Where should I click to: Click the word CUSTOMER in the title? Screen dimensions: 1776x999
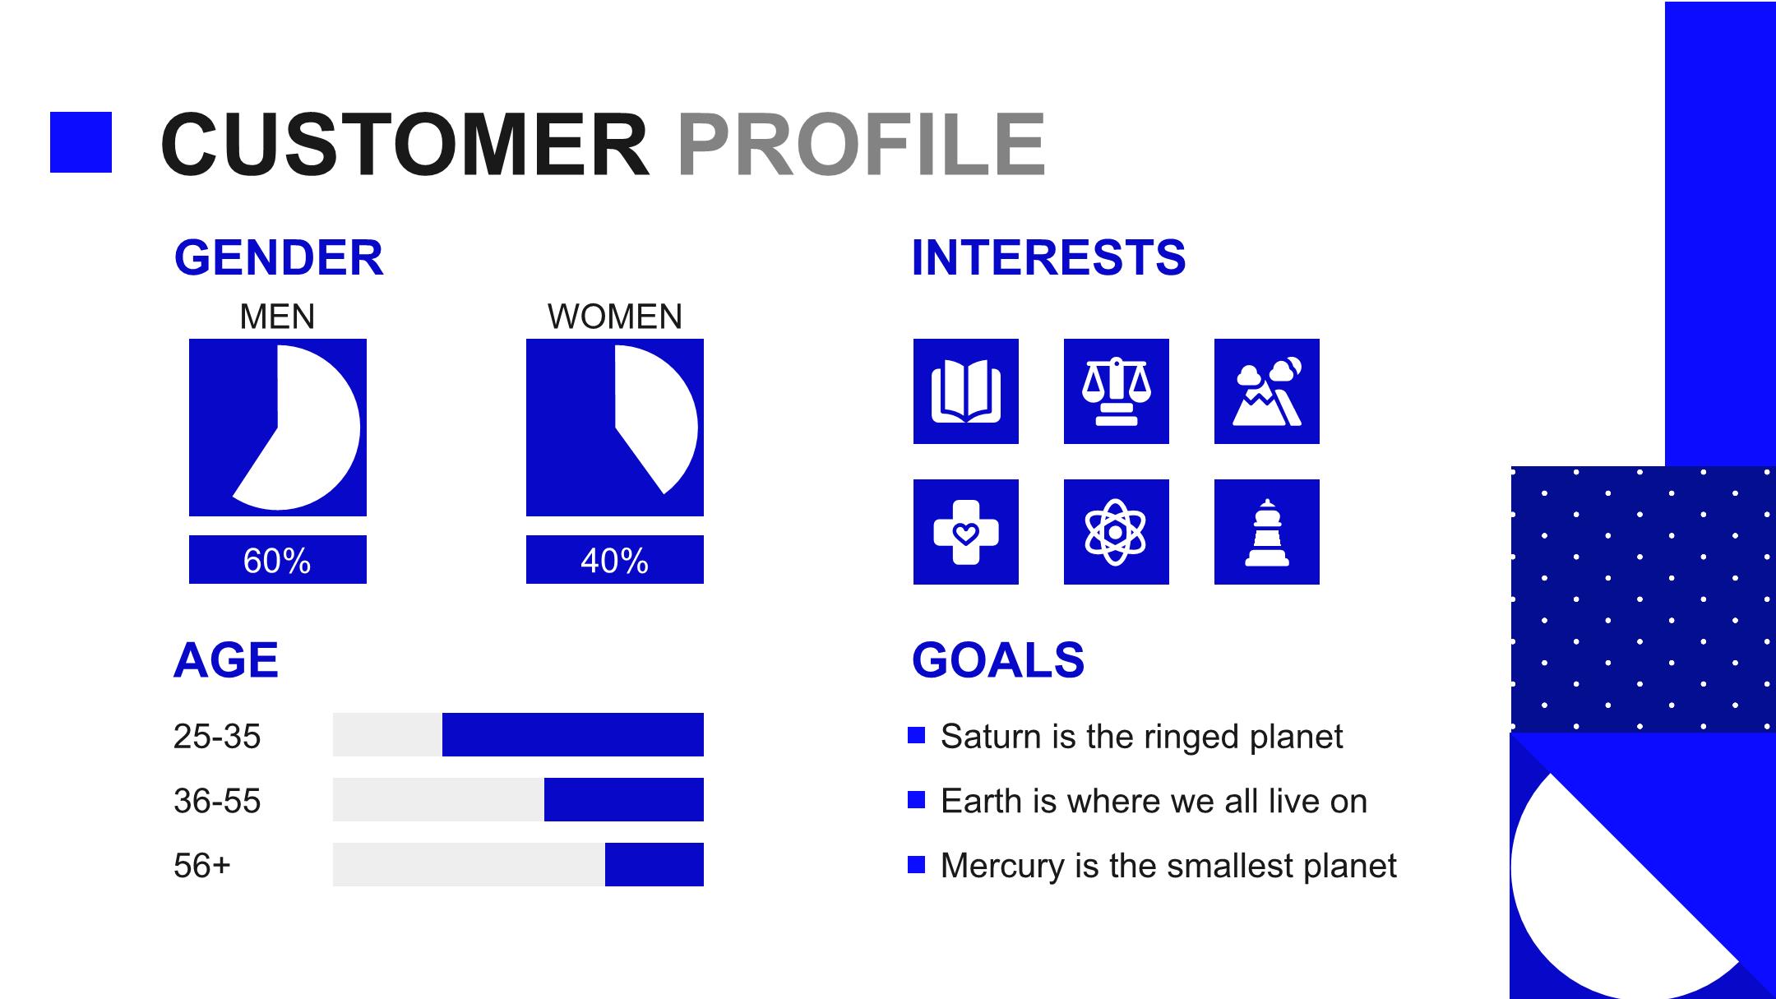(x=405, y=145)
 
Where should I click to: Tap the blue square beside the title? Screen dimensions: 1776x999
(x=81, y=142)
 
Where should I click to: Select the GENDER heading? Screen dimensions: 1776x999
(x=279, y=257)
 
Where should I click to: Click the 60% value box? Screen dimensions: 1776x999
(x=278, y=560)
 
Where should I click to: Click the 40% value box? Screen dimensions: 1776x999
(x=615, y=560)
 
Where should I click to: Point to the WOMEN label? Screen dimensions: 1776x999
(x=615, y=317)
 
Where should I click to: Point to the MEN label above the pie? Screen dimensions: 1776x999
(x=277, y=317)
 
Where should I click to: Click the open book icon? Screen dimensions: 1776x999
(x=966, y=391)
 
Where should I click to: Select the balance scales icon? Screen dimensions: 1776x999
(x=1117, y=391)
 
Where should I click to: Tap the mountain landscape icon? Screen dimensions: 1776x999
(x=1267, y=391)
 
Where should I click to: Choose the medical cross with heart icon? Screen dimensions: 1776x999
(x=966, y=532)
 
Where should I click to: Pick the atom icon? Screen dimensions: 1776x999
(x=1117, y=532)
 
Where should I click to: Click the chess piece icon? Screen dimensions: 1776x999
(x=1267, y=532)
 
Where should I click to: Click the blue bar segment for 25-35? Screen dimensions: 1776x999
(x=573, y=734)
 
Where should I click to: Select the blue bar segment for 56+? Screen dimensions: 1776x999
(x=654, y=864)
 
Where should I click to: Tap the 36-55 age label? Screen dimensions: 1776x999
(x=217, y=801)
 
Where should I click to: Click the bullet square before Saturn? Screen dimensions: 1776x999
(x=917, y=735)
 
